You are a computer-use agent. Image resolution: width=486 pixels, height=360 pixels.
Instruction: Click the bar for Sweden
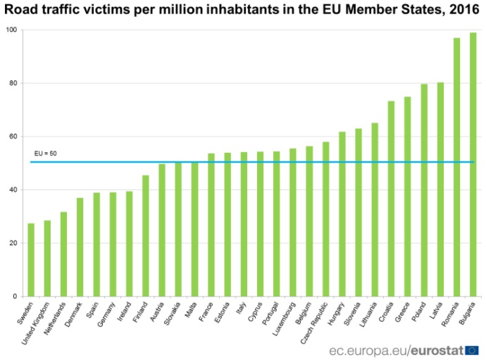coord(31,260)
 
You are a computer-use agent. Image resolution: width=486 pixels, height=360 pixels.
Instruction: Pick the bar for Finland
coord(146,236)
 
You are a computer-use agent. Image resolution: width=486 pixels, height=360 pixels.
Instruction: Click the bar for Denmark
coord(80,247)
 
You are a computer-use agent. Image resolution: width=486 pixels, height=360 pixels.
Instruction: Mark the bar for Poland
coord(424,190)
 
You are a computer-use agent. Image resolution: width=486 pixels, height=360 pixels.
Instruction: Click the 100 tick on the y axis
coord(13,30)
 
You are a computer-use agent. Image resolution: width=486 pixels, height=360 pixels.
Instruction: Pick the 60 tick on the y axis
coord(14,137)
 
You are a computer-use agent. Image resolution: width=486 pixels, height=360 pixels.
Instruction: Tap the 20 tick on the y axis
coord(14,243)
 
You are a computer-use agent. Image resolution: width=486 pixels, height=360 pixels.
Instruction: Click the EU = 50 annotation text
coord(45,154)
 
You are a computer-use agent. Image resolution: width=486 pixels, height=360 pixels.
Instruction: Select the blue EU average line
coord(254,162)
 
